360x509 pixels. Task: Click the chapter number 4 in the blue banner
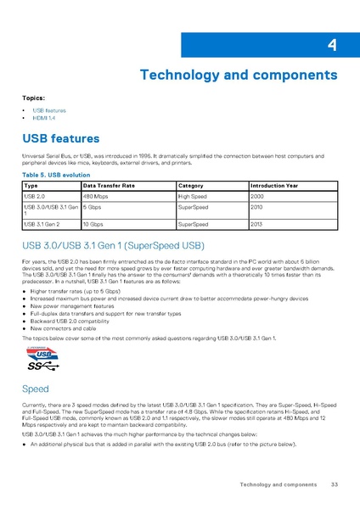[331, 46]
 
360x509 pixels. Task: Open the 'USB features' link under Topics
[48, 110]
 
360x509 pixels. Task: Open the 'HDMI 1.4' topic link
[45, 118]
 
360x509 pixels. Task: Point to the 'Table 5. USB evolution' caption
[53, 174]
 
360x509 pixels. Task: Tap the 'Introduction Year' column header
[275, 185]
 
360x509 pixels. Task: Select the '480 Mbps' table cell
[95, 196]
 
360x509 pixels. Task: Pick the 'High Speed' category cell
[195, 196]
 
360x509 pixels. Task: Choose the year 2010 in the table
[257, 206]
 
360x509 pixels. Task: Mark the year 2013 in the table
[257, 224]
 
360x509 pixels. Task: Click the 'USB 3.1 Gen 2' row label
[43, 224]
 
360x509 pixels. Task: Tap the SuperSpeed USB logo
[42, 361]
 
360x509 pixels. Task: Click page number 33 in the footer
[335, 484]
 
